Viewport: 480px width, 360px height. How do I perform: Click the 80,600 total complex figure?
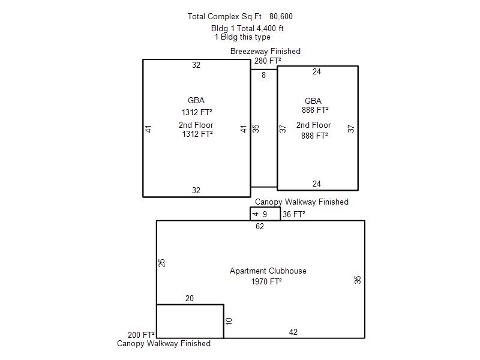(x=281, y=17)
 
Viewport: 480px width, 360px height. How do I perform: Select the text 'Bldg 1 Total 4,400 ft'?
(x=247, y=28)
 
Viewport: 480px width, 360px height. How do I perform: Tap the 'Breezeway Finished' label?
(x=265, y=51)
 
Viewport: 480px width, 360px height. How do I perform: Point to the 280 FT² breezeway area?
(x=268, y=61)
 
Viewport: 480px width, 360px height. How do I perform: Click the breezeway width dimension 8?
(x=263, y=75)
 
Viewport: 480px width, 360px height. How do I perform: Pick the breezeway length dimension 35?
(x=256, y=128)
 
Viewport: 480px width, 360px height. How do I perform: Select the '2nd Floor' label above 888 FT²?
(x=313, y=125)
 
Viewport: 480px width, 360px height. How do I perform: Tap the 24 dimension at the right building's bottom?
(x=317, y=184)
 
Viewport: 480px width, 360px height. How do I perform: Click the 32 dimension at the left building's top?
(x=196, y=65)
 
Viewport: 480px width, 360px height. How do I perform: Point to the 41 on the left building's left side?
(x=148, y=129)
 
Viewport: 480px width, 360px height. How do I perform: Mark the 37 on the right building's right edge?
(x=351, y=128)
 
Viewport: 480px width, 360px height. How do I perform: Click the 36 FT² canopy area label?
(x=294, y=214)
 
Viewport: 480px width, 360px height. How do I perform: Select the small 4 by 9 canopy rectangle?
(x=265, y=207)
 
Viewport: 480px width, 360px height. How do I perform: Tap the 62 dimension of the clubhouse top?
(x=260, y=226)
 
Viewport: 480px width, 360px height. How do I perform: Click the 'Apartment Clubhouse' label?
(x=268, y=271)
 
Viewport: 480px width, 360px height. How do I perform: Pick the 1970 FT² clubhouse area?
(x=266, y=281)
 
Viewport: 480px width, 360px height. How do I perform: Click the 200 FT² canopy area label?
(x=141, y=335)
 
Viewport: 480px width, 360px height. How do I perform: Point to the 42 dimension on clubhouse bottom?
(x=293, y=332)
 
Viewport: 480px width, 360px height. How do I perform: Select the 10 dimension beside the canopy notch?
(x=229, y=321)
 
